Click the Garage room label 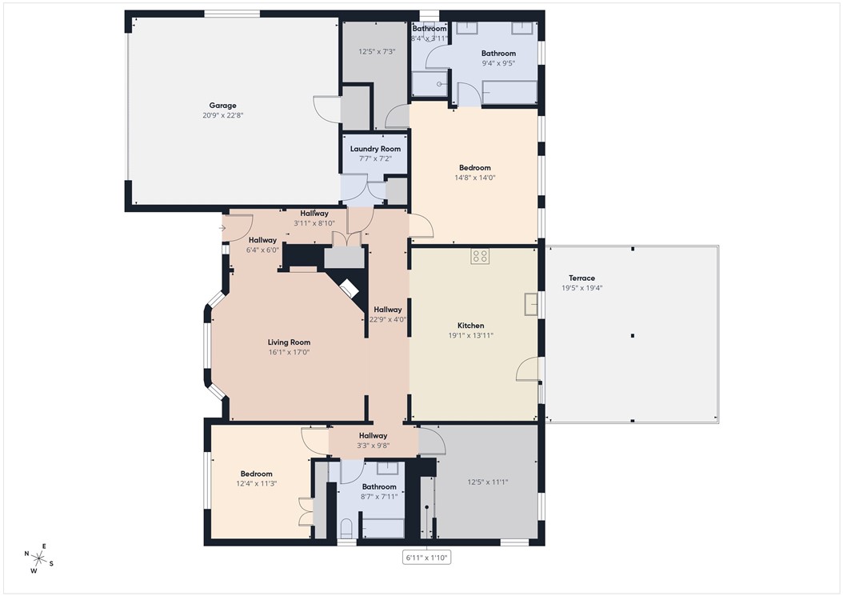[x=222, y=106]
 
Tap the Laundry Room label [x=375, y=149]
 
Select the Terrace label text [x=577, y=278]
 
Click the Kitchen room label [x=470, y=326]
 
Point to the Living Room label [x=289, y=342]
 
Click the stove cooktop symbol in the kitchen [x=480, y=256]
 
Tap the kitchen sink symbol [x=530, y=304]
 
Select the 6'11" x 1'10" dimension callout [x=426, y=557]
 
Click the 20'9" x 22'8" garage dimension [x=222, y=115]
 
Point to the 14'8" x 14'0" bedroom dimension [x=474, y=178]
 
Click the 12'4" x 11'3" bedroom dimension [x=256, y=483]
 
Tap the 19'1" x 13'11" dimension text [x=470, y=335]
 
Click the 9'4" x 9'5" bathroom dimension [x=498, y=63]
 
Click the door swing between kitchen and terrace [x=528, y=370]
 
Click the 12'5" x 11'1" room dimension [x=487, y=482]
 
